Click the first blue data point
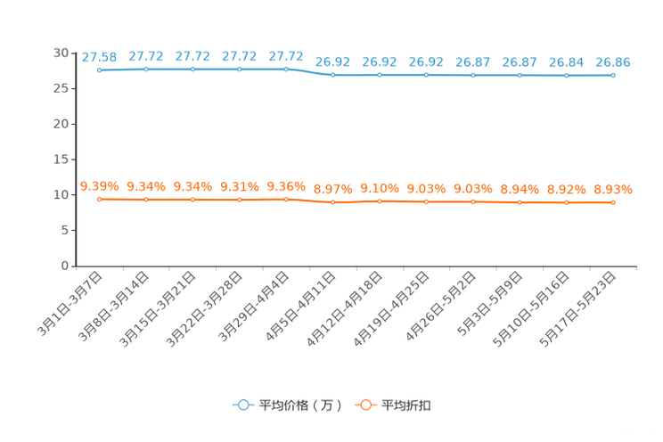[x=99, y=70]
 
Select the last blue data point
[x=613, y=76]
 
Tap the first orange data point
[x=99, y=199]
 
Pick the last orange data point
[x=613, y=202]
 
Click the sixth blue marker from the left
[x=332, y=75]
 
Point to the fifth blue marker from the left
[x=286, y=69]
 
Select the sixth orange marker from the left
[x=332, y=202]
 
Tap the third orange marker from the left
[x=192, y=200]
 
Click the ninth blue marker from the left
[x=472, y=75]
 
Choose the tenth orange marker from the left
[x=520, y=202]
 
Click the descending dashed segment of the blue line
[x=309, y=71]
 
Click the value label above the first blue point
[x=99, y=56]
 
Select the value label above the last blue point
[x=613, y=62]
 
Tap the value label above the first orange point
[x=99, y=185]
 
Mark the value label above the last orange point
[x=613, y=189]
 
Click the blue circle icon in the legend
[x=241, y=405]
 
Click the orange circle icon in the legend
[x=364, y=405]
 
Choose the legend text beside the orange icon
[x=407, y=405]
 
